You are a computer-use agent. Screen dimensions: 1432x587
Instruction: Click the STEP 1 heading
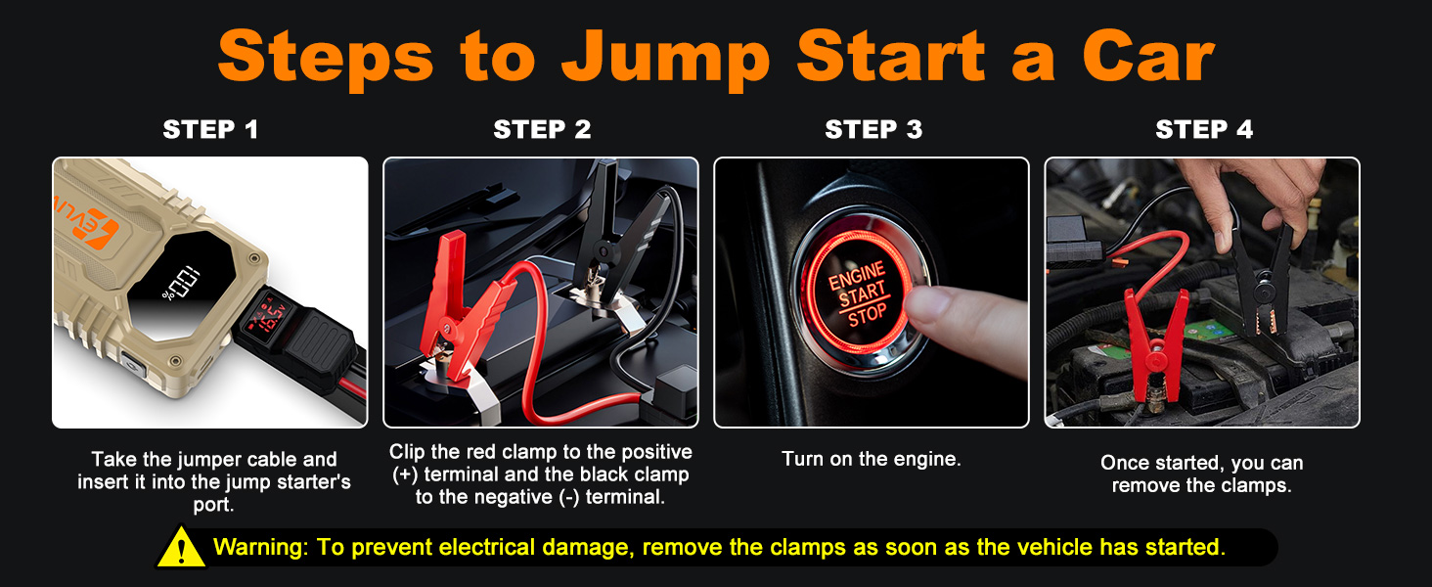210,129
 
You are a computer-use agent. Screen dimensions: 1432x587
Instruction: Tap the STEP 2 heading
542,129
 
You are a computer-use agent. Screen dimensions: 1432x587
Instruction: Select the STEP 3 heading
873,129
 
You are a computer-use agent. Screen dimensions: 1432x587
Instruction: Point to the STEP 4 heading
1204,129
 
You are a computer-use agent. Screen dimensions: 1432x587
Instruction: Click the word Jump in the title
665,60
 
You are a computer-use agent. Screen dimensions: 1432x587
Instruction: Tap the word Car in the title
1147,58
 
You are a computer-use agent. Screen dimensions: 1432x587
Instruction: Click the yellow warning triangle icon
182,547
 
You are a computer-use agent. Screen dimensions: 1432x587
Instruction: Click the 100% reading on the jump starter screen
181,284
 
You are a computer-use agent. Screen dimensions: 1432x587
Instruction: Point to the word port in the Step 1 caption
213,505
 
